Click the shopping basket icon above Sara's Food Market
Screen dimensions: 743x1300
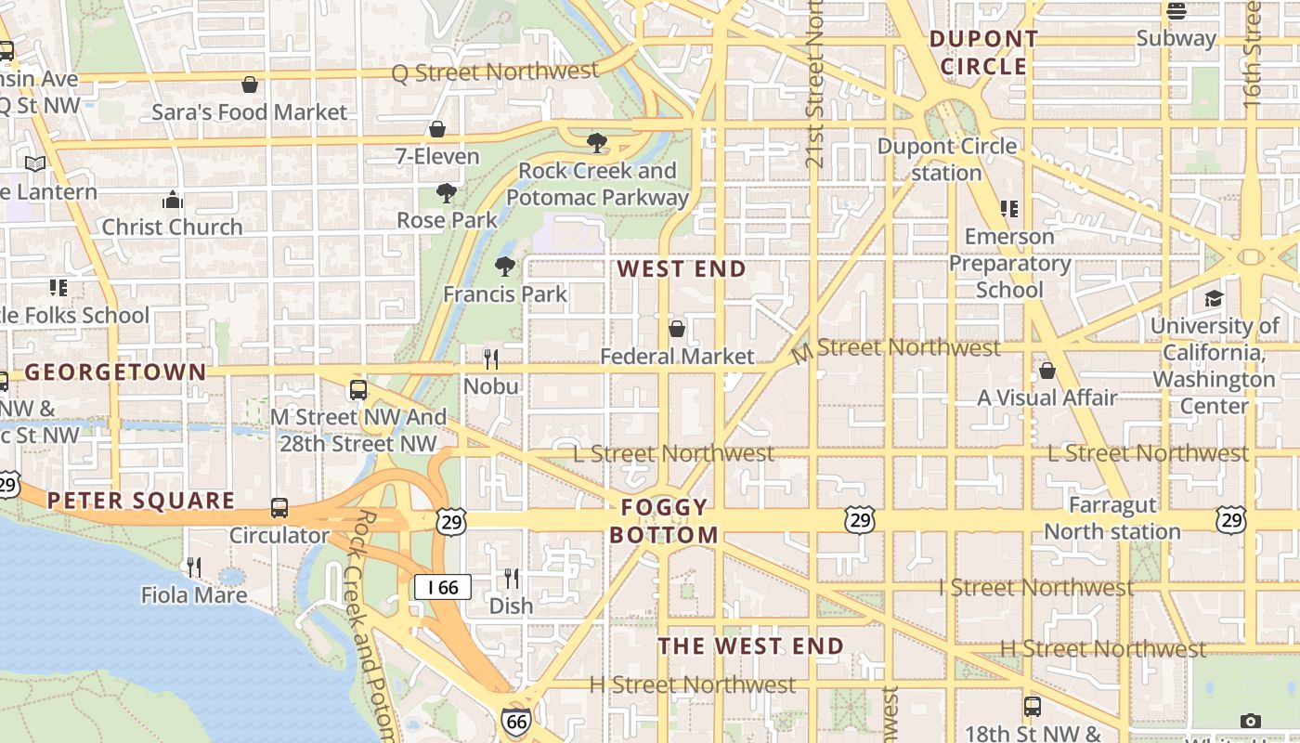250,85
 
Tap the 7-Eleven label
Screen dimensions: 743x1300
437,156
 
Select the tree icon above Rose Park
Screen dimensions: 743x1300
447,193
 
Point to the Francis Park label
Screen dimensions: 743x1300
505,293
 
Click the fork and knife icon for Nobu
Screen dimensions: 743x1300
491,358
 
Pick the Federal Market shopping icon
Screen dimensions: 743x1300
677,329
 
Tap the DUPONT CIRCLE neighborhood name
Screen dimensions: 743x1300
983,53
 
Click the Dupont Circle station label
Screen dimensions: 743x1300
946,160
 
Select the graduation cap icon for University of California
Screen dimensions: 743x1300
1214,298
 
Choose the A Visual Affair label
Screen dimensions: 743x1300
1046,398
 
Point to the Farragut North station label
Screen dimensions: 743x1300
1112,518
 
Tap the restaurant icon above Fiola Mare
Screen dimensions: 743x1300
194,567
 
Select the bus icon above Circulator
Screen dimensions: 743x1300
279,508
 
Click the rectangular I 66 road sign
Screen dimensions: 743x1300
442,587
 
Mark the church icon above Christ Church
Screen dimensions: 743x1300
172,200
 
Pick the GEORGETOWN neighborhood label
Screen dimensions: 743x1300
115,372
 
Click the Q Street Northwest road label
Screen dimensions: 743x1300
495,72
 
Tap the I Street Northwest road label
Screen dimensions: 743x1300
1035,587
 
